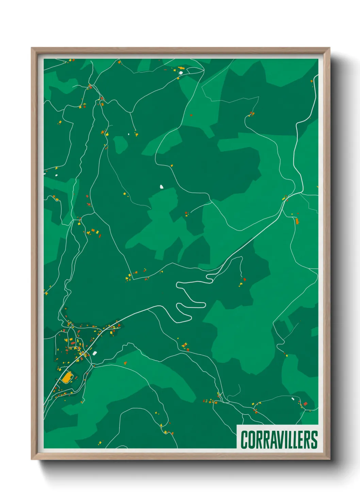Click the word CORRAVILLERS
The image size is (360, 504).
click(x=279, y=440)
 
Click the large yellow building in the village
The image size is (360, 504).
click(x=67, y=377)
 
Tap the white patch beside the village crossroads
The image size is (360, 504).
click(x=95, y=353)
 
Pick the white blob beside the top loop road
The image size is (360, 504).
click(x=181, y=72)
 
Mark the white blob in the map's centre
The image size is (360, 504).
click(x=161, y=187)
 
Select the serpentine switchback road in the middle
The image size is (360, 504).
click(x=191, y=300)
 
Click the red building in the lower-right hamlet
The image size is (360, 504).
click(x=305, y=404)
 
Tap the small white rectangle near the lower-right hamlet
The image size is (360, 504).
click(x=293, y=399)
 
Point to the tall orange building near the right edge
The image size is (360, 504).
click(x=297, y=221)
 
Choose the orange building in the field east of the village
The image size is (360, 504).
click(x=125, y=363)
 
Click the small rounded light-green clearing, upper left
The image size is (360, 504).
click(x=120, y=144)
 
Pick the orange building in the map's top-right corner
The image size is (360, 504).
click(x=312, y=81)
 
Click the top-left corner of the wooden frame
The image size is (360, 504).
click(x=32, y=48)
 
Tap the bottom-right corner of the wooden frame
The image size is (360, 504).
click(x=330, y=459)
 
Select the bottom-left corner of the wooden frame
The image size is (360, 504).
click(x=32, y=459)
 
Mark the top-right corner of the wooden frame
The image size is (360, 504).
click(x=330, y=48)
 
